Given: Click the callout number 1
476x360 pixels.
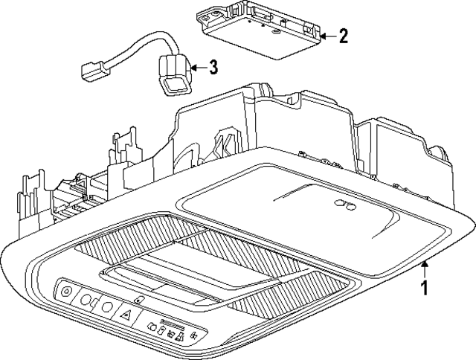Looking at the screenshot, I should click(425, 287).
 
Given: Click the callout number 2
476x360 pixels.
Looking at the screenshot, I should click(343, 36).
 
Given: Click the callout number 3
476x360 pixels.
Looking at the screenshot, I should click(213, 68).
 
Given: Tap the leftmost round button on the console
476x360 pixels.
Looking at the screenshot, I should click(66, 292).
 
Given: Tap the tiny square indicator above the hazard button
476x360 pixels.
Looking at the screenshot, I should click(141, 298).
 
